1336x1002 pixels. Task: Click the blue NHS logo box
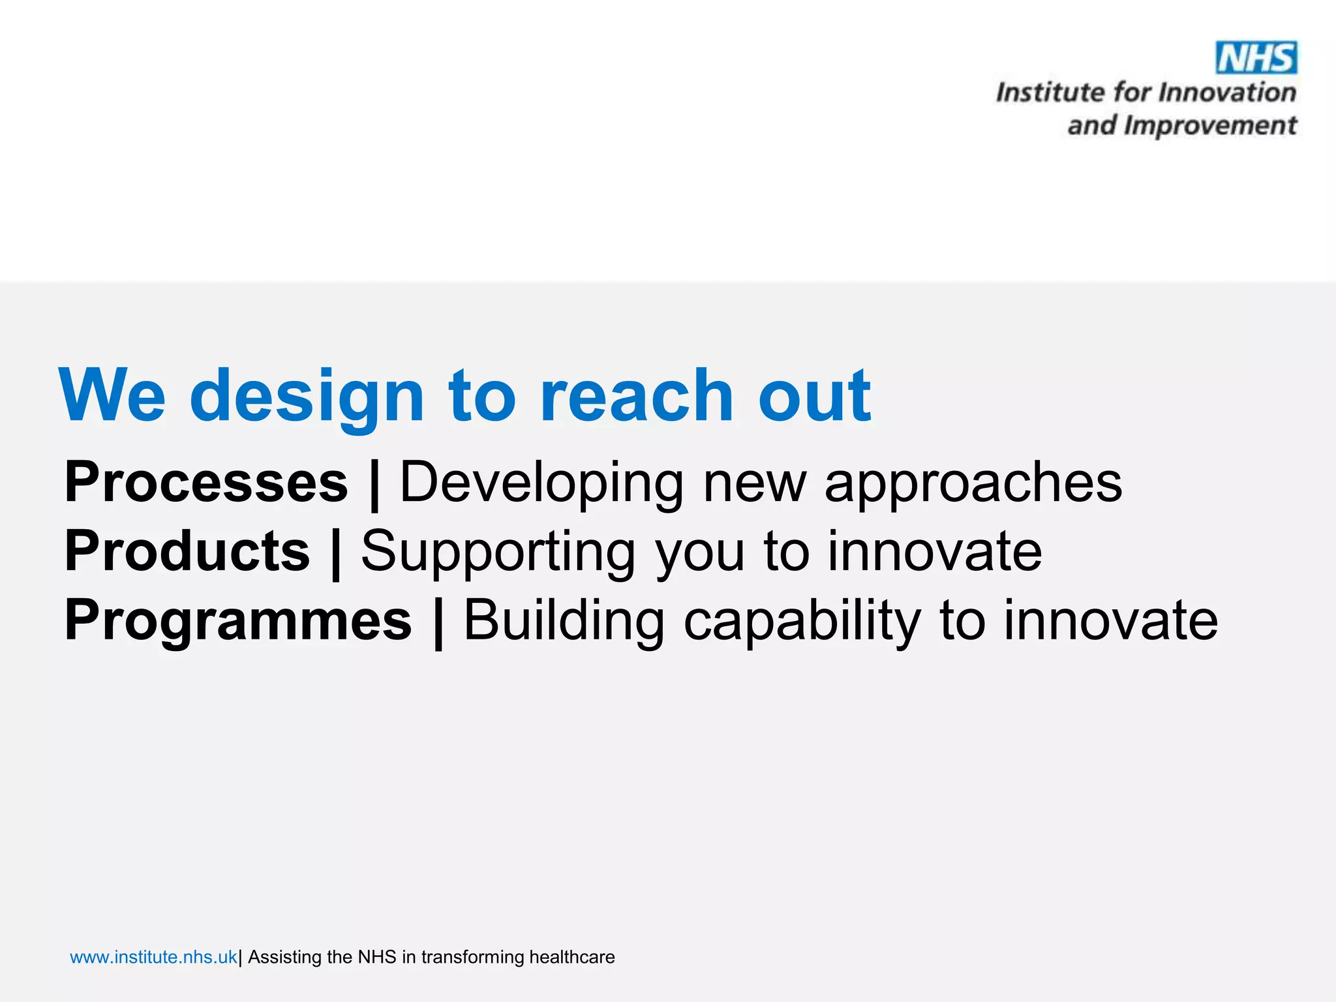tap(1256, 58)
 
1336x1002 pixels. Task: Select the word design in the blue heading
tap(307, 397)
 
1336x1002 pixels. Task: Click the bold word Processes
tap(206, 482)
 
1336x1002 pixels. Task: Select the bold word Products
tap(187, 551)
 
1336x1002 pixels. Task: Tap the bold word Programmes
tap(238, 620)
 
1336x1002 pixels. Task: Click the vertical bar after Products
tap(336, 553)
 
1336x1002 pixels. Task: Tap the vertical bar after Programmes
tap(438, 622)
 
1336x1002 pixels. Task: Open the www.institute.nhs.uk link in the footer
tap(153, 957)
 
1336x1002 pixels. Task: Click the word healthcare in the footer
tap(571, 957)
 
